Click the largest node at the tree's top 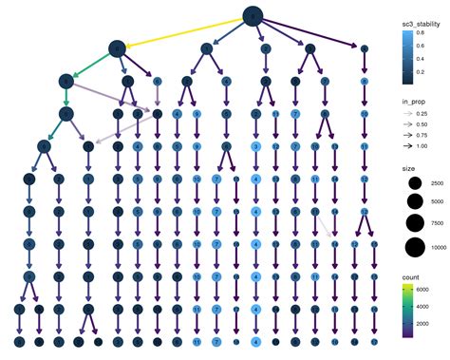pyautogui.click(x=252, y=15)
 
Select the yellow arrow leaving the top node pyautogui.click(x=185, y=30)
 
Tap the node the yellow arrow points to pyautogui.click(x=117, y=47)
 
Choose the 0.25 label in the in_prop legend pyautogui.click(x=427, y=113)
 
